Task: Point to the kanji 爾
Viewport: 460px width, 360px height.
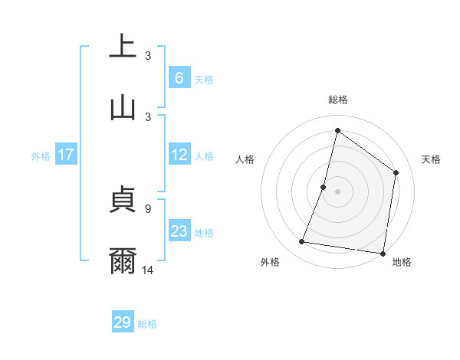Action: pos(123,261)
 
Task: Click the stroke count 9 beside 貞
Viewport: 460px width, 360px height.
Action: pos(148,207)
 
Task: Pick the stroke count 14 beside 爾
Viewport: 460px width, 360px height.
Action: pos(148,269)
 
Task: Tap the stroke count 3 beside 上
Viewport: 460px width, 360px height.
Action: pos(148,55)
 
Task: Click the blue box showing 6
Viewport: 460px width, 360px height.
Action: pos(179,78)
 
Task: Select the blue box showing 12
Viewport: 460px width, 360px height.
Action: pos(179,155)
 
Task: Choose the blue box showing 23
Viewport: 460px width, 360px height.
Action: pos(179,231)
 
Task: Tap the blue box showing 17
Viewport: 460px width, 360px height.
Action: pos(66,155)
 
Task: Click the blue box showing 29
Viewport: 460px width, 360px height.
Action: pos(123,322)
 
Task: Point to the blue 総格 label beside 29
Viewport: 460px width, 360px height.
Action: pos(148,324)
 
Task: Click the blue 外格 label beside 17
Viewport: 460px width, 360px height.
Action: pos(41,156)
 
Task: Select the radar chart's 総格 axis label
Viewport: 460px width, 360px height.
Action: pos(337,100)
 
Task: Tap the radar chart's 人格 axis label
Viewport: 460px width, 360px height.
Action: pos(245,159)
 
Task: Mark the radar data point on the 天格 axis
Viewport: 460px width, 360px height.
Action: pos(396,172)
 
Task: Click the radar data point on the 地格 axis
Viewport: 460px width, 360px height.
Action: pos(382,253)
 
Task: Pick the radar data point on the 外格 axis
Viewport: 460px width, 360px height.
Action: pos(302,242)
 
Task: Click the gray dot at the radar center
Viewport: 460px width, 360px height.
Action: pos(337,191)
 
